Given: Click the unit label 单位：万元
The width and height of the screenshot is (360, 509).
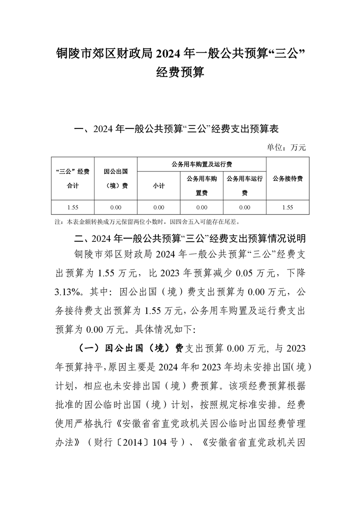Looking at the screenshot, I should point(287,147).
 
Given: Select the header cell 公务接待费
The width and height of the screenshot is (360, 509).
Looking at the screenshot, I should point(288,178).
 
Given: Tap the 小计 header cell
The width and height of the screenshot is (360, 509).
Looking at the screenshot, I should point(158,186).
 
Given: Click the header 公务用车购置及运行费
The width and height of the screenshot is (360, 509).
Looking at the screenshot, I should point(202,164).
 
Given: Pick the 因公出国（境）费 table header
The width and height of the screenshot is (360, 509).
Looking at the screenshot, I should point(115,178).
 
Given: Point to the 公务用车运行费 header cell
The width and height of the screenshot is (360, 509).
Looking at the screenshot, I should point(245,186).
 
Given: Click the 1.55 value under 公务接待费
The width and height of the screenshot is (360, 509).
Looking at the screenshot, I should point(288,207).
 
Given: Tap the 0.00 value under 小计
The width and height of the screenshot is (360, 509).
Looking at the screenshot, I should point(158,207).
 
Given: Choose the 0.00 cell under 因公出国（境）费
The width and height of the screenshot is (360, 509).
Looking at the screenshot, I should point(115,207).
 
